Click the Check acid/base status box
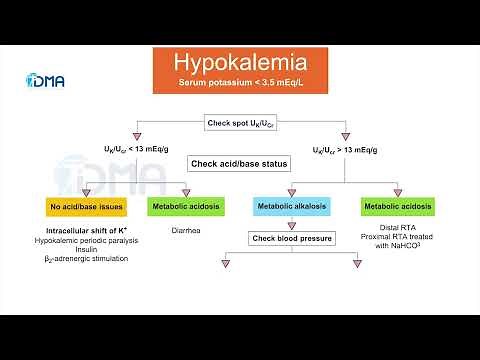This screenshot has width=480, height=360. [x=240, y=163]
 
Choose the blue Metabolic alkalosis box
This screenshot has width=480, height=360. [x=289, y=207]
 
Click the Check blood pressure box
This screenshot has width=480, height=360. [x=289, y=238]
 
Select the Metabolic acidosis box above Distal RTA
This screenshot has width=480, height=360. [x=398, y=207]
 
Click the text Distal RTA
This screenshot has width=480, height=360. [x=398, y=226]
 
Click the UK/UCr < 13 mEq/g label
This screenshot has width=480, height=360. [x=133, y=148]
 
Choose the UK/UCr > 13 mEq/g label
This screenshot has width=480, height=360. [x=347, y=148]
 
